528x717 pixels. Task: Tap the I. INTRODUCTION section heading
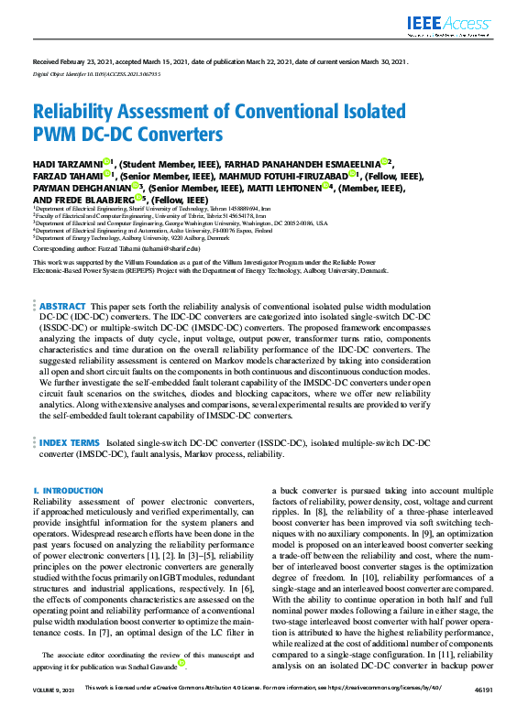[x=68, y=492]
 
